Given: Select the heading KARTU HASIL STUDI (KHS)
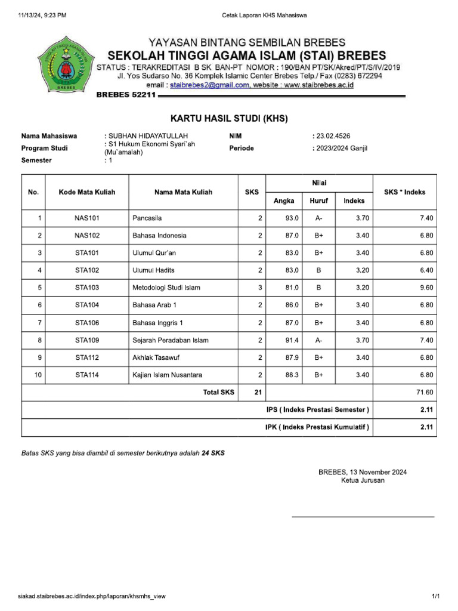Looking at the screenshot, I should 229,119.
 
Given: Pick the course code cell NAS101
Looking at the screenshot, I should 87,218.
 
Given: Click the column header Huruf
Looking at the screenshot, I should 318,201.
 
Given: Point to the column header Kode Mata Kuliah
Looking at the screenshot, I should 87,192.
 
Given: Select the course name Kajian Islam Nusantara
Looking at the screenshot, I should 167,375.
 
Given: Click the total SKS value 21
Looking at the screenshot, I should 257,392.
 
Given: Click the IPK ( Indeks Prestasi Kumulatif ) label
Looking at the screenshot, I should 317,427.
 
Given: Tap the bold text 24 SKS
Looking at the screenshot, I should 213,453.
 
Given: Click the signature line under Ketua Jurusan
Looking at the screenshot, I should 363,516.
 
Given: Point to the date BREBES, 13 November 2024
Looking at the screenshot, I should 363,472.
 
